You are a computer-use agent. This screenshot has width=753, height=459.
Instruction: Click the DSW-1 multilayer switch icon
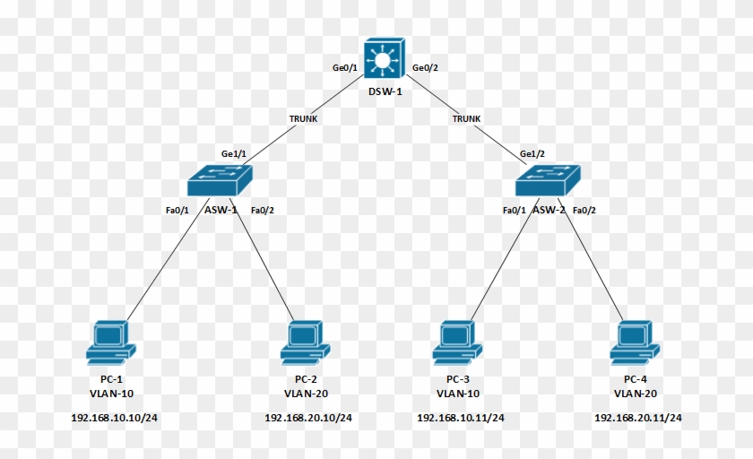[x=385, y=61]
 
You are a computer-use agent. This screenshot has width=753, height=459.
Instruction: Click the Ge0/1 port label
[x=345, y=68]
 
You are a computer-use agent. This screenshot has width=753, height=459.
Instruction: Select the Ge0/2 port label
[x=426, y=68]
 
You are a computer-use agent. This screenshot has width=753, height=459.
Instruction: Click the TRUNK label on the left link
[x=302, y=118]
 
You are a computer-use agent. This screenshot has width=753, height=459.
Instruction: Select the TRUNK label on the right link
[x=466, y=118]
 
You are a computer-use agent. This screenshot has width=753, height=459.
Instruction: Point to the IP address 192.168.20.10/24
[x=308, y=418]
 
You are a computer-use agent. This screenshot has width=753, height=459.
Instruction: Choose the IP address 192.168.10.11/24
[x=461, y=418]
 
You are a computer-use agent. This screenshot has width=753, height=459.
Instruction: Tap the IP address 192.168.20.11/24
[x=638, y=418]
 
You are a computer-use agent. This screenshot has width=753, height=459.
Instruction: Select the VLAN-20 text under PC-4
[x=636, y=394]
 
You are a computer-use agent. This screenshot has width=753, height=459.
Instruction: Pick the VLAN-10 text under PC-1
[x=111, y=394]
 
